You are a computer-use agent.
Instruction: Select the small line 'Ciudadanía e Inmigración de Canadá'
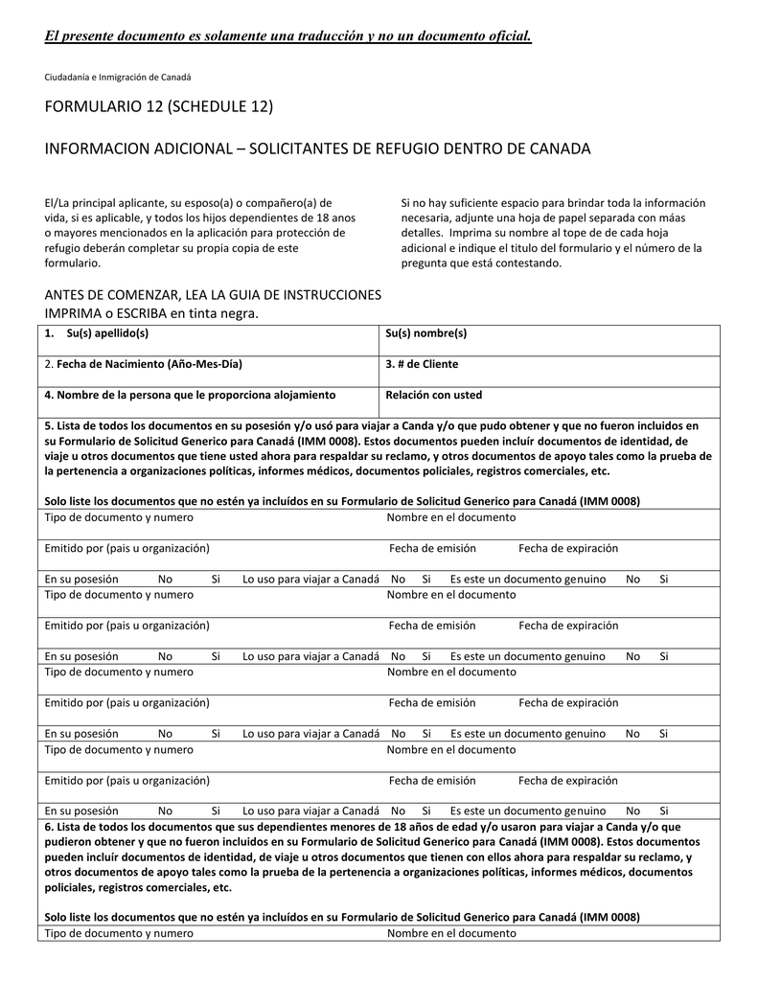coord(118,77)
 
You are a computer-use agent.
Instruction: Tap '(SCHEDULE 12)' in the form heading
coord(219,105)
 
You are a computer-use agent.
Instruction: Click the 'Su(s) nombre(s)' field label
coord(425,333)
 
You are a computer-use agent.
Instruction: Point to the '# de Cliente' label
coord(427,364)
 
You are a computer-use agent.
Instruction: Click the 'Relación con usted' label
coord(433,395)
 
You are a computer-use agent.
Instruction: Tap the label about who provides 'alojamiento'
coord(190,395)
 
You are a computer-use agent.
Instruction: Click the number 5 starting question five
coord(48,425)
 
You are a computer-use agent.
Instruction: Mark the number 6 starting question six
coord(48,826)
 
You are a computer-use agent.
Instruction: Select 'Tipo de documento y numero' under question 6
coord(119,933)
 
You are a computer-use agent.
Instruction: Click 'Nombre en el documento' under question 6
coord(450,933)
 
